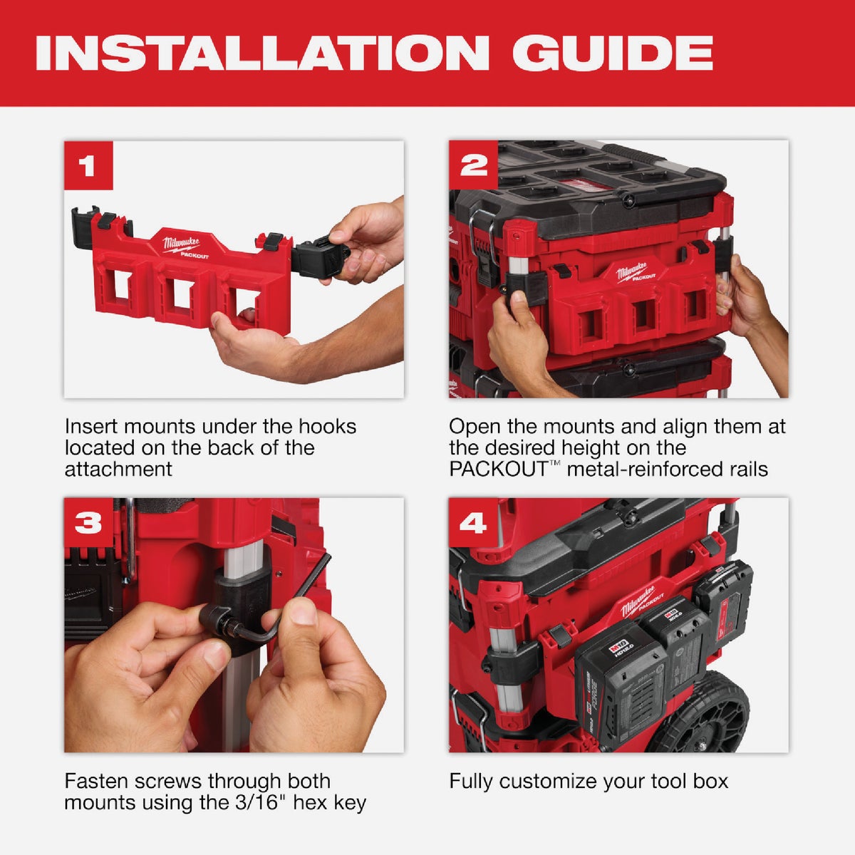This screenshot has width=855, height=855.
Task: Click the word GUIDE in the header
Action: (x=612, y=53)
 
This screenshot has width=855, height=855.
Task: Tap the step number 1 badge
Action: (x=88, y=166)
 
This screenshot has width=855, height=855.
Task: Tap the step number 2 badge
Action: (x=473, y=165)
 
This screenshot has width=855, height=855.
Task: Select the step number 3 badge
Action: (x=88, y=523)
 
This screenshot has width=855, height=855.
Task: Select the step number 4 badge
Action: (x=472, y=523)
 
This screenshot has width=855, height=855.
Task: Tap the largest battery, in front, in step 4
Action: (x=616, y=684)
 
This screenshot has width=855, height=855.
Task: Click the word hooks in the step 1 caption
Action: (x=328, y=427)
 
